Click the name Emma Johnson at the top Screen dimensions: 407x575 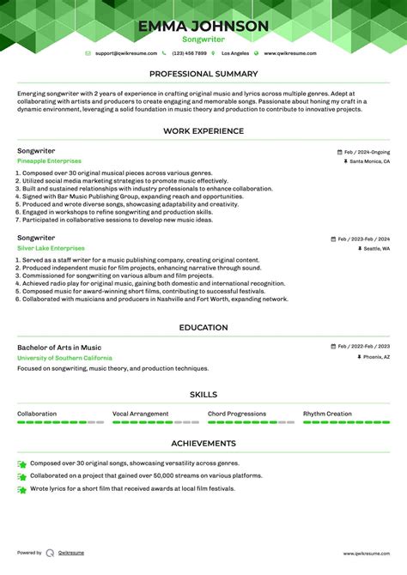[203, 26]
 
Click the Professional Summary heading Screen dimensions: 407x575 [203, 75]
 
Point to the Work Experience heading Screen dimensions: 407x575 [203, 131]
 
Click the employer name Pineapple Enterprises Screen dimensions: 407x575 [49, 161]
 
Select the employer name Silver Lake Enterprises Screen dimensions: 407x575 [50, 248]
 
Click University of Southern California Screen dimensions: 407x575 [64, 358]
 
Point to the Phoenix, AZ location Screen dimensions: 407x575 [374, 357]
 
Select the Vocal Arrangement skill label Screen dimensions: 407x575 [140, 414]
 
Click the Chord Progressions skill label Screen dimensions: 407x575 [237, 414]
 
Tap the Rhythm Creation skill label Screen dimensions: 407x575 [327, 414]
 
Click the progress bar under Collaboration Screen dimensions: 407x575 [60, 422]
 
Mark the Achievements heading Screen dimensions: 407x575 [203, 444]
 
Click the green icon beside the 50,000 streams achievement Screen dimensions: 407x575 [21, 476]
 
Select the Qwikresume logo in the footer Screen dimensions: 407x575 [51, 554]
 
